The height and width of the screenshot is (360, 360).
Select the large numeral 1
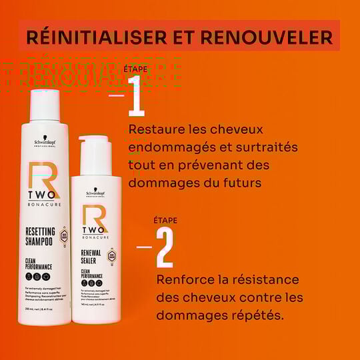[136, 95]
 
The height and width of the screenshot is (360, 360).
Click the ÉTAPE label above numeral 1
[135, 69]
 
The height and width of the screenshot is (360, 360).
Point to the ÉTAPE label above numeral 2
[165, 220]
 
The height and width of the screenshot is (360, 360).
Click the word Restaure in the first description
[156, 129]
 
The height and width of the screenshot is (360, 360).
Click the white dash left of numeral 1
[117, 96]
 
